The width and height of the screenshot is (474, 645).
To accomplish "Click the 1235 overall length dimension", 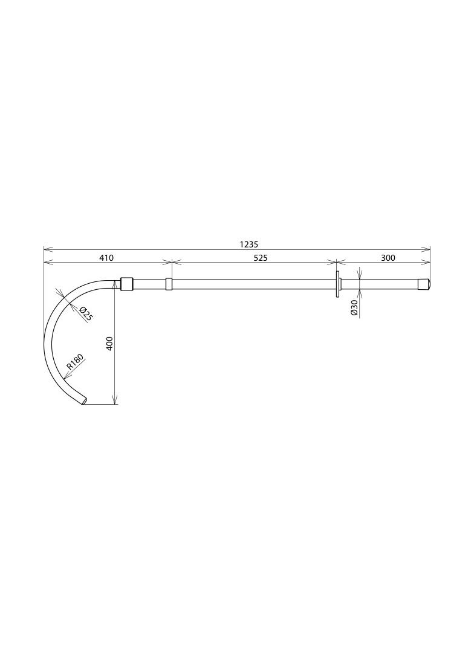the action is (x=248, y=244).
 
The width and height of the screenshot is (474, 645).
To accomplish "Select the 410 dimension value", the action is (x=106, y=258).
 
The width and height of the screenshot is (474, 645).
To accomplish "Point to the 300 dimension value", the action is (x=388, y=258).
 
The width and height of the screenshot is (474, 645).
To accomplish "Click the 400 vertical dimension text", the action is (x=109, y=344).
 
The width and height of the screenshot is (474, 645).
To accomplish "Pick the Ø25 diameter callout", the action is (x=85, y=314).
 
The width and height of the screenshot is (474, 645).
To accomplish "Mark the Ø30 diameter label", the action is (x=354, y=308).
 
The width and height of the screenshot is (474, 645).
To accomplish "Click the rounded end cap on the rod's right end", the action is (x=424, y=284).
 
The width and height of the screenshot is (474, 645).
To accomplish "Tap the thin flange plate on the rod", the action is (x=337, y=284).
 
